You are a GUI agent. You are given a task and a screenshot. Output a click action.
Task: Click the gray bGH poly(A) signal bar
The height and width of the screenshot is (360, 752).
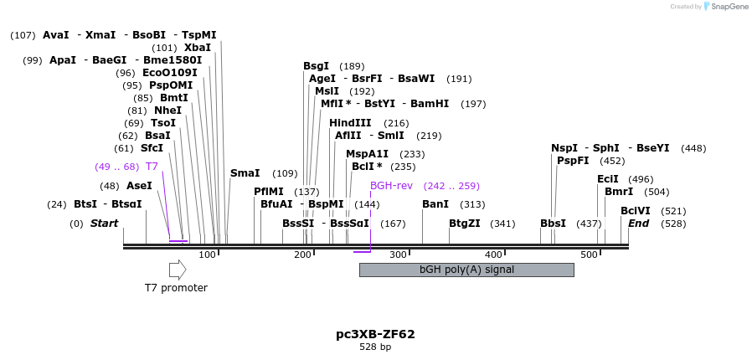point(466,270)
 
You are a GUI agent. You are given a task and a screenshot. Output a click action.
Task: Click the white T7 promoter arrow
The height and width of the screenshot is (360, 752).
point(178,270)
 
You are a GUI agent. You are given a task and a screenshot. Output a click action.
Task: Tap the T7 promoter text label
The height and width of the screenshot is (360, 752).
point(176,288)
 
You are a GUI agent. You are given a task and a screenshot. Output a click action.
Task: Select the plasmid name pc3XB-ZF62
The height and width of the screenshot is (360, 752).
point(375,334)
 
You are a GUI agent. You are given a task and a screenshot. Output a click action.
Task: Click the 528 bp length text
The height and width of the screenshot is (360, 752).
point(375,347)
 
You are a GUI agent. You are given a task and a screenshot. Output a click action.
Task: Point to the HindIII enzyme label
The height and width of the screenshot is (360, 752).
point(350,123)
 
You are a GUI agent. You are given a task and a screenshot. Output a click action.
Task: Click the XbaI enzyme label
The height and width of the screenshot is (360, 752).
point(198,48)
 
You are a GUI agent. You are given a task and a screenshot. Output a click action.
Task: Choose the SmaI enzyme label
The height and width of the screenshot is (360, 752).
point(245,173)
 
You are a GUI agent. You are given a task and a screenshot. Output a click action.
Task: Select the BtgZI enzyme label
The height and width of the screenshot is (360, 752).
point(465,224)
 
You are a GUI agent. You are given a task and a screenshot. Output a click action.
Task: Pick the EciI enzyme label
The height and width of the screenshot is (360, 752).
point(607,179)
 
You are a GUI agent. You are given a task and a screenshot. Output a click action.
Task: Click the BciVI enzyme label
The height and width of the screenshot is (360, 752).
point(636,211)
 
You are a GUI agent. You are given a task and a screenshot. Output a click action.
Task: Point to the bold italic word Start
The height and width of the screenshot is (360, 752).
point(104,224)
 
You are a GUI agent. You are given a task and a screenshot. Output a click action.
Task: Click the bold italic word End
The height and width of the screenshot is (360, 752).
point(639,224)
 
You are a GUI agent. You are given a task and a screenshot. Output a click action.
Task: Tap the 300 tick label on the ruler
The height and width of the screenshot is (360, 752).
point(398,255)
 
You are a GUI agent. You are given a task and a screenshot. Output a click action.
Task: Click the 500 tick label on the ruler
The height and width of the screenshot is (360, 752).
point(589,255)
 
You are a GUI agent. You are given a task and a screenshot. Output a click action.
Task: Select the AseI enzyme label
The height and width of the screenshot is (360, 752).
point(139,186)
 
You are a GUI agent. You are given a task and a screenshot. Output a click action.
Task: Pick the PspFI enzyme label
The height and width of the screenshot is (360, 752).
point(574,161)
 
